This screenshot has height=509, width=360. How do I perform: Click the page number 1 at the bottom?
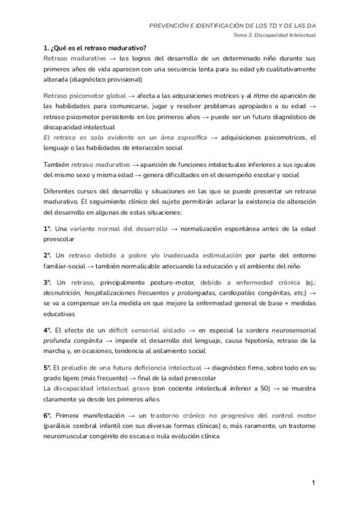pos(313,483)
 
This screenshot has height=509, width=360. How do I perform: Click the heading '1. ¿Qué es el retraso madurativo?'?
pos(95,47)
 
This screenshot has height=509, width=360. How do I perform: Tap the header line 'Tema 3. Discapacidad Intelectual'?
pos(275,35)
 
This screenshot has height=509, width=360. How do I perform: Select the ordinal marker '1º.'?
pos(47,229)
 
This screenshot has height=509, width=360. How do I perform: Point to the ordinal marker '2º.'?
pos(47,255)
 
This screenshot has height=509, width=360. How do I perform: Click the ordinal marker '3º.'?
pos(47,282)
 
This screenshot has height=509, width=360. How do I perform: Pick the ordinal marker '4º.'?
pos(47,330)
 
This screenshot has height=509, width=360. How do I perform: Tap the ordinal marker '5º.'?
pos(47,367)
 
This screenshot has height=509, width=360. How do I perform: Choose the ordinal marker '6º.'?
pos(47,415)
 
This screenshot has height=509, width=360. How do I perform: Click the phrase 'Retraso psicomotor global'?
pos(85,96)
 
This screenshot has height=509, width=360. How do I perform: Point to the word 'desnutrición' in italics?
pos(65,292)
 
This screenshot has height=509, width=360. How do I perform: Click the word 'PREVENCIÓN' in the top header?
pos(174,26)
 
